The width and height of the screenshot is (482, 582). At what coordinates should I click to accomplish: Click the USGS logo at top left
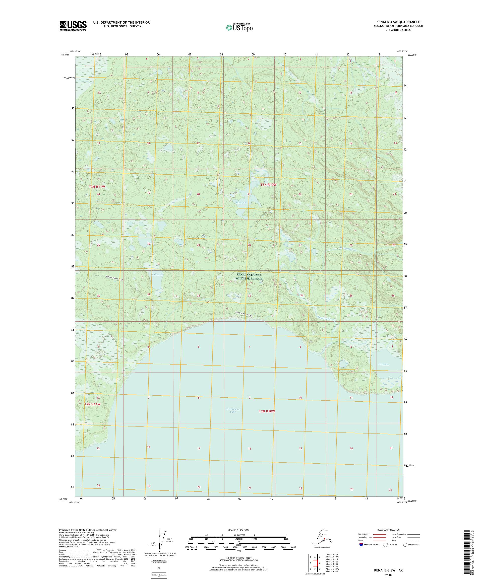[73, 26]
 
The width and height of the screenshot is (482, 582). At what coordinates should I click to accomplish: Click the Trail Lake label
[157, 274]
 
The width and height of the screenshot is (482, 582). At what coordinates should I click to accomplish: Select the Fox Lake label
[384, 364]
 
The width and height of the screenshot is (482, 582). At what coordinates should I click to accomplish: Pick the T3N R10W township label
[268, 185]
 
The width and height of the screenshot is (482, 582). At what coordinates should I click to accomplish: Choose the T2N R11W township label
[92, 404]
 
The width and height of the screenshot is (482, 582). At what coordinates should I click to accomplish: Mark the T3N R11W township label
[97, 187]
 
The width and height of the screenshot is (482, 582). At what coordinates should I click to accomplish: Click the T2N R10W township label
[267, 411]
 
